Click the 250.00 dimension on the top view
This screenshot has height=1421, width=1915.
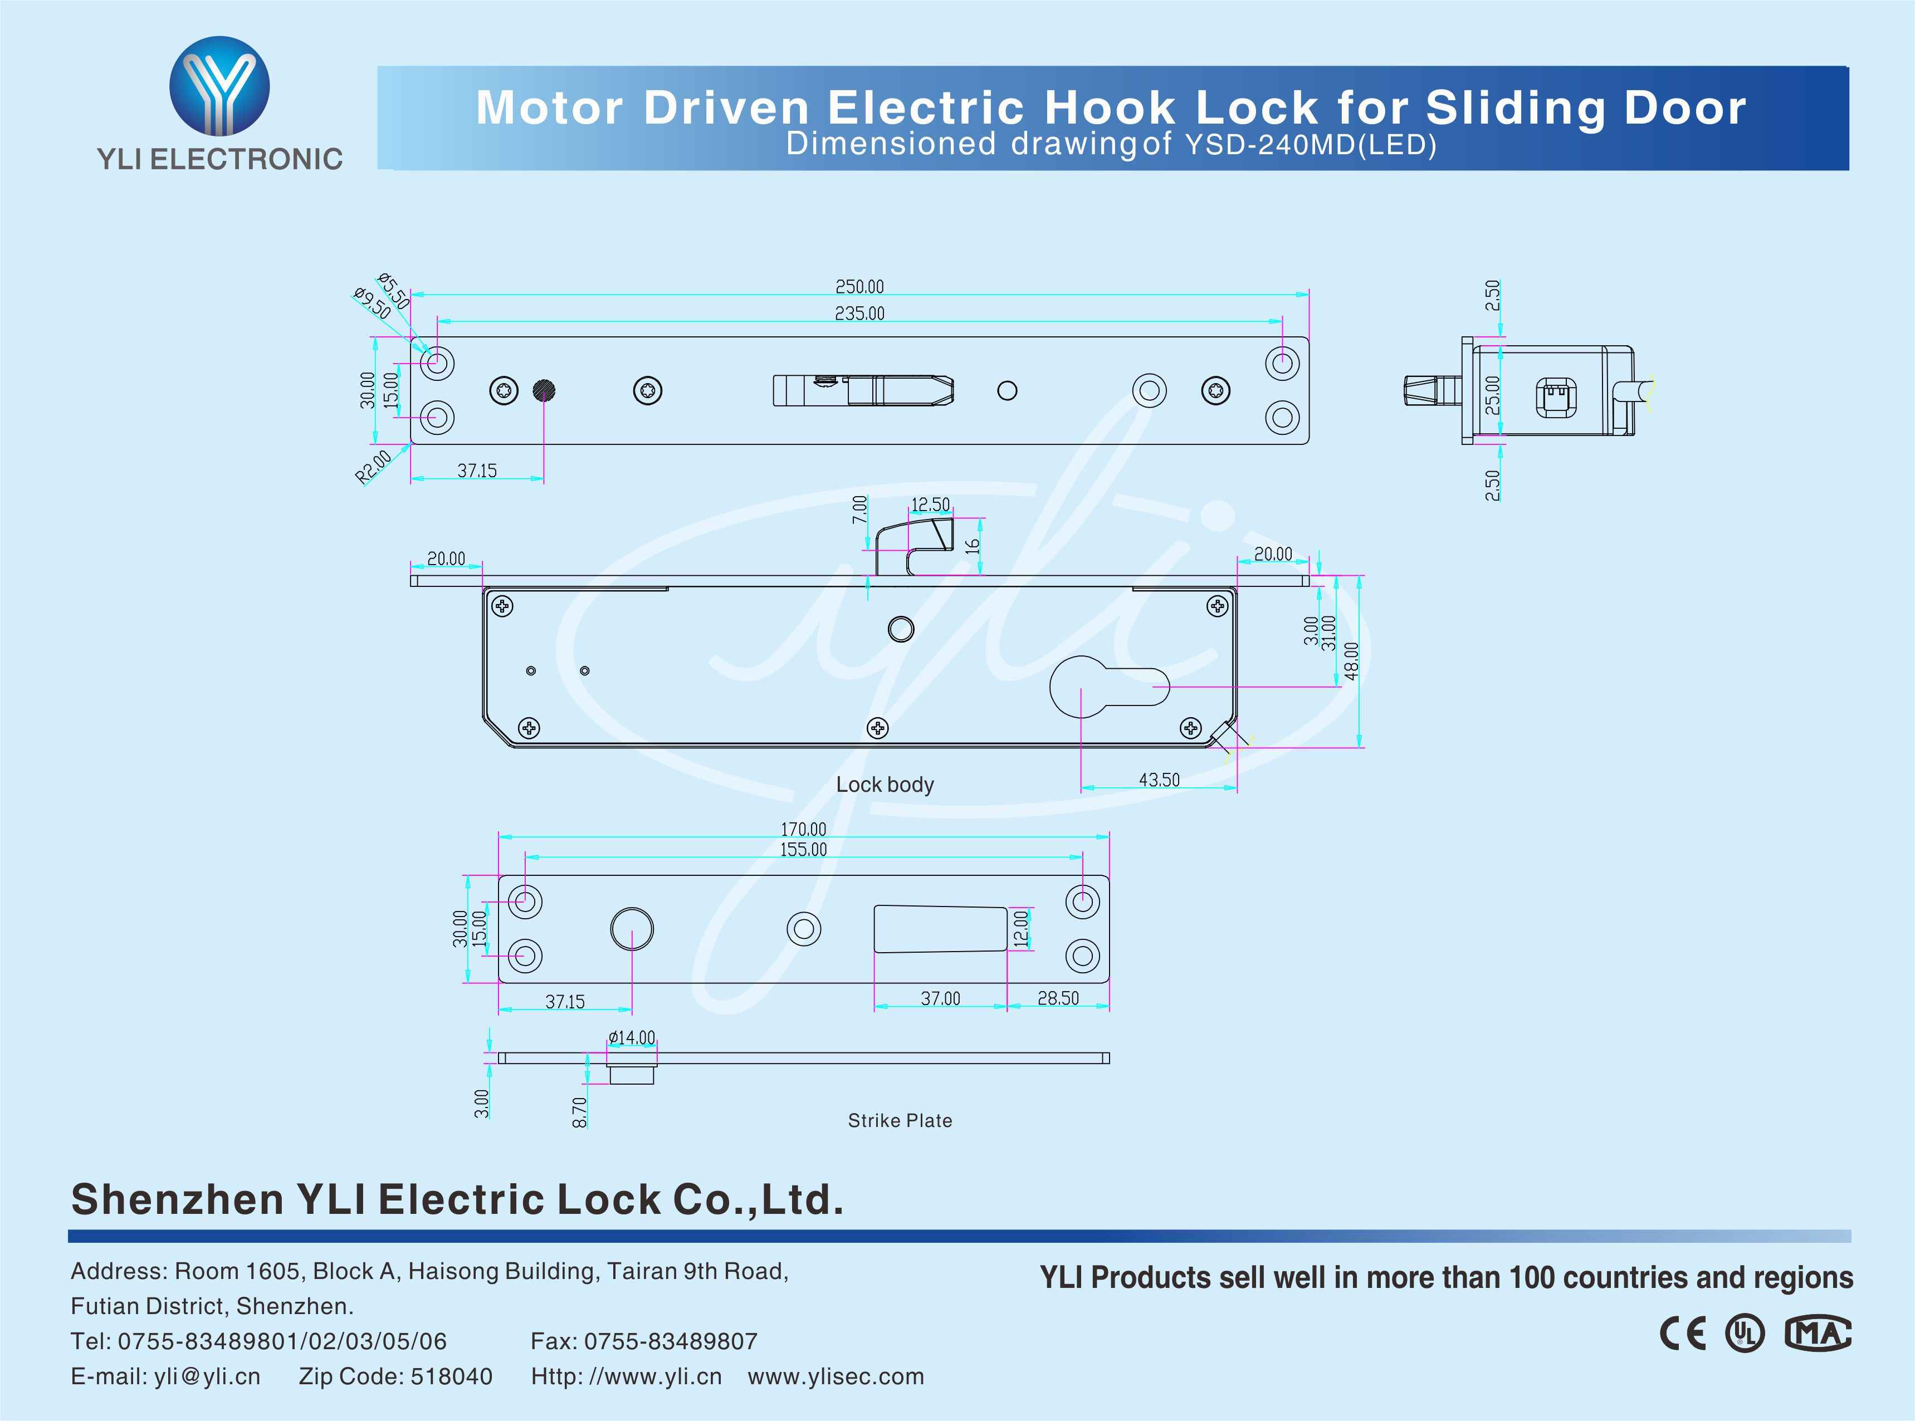coord(859,286)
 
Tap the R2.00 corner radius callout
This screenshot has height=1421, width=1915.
coord(373,466)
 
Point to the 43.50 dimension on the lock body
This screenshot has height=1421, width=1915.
coord(1159,780)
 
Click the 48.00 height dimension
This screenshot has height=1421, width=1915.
coord(1351,660)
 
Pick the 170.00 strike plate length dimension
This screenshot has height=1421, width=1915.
coord(803,829)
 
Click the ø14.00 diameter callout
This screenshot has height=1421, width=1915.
coord(632,1037)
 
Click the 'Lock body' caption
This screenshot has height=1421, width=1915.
coord(885,785)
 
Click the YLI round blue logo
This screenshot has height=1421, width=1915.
coord(219,86)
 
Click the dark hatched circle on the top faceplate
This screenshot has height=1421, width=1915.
coord(544,390)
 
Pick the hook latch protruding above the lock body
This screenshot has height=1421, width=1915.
coord(915,542)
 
